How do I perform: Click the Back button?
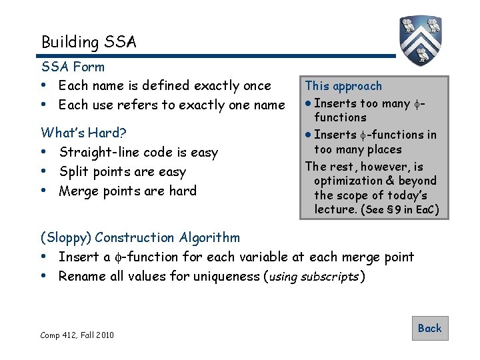pyautogui.click(x=429, y=328)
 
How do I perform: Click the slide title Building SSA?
pyautogui.click(x=89, y=42)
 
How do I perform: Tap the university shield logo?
pyautogui.click(x=422, y=39)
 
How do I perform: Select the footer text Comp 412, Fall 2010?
pyautogui.click(x=77, y=335)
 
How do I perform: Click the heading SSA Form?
pyautogui.click(x=73, y=67)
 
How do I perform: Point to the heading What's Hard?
pyautogui.click(x=84, y=132)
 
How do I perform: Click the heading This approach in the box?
pyautogui.click(x=343, y=86)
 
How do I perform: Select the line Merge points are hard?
pyautogui.click(x=127, y=191)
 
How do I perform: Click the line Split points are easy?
pyautogui.click(x=122, y=172)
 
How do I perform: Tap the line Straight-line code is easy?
pyautogui.click(x=138, y=153)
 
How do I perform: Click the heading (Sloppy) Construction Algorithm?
pyautogui.click(x=140, y=237)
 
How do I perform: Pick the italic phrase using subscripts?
pyautogui.click(x=315, y=277)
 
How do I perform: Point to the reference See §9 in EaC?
pyautogui.click(x=399, y=210)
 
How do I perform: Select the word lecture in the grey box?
pyautogui.click(x=335, y=210)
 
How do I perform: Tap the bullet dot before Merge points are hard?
pyautogui.click(x=44, y=191)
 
